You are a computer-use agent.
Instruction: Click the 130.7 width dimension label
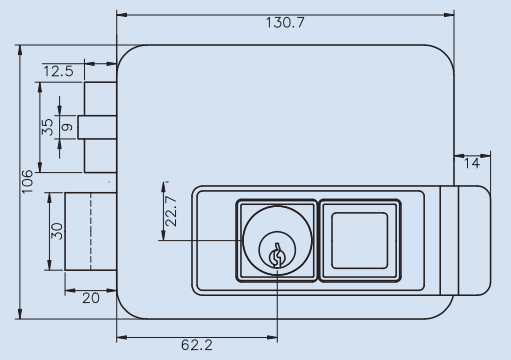tap(285, 23)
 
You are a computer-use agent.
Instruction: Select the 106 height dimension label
tap(28, 182)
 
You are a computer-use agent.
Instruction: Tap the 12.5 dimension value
tap(58, 71)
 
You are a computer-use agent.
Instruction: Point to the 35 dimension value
tap(48, 127)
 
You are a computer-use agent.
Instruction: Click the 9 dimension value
tap(68, 127)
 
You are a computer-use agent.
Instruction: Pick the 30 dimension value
tap(57, 231)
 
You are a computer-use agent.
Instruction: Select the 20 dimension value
tap(91, 298)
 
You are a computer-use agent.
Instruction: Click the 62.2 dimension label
tap(197, 345)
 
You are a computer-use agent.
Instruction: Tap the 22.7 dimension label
tap(171, 211)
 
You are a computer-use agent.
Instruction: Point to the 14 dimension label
tap(472, 163)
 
